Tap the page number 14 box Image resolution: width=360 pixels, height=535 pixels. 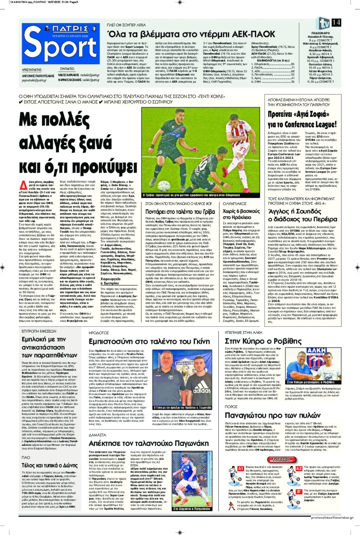tap(336, 23)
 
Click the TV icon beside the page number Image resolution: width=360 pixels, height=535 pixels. tap(323, 23)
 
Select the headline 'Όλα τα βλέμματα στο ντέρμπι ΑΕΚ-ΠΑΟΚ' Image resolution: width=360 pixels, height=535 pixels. tap(191, 34)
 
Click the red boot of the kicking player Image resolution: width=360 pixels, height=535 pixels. tap(230, 170)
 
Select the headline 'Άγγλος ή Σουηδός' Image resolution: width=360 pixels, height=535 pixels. tap(294, 211)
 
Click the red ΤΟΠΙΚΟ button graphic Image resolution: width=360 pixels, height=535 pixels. tap(281, 459)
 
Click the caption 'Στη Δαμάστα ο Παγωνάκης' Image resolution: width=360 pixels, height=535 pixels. tap(192, 509)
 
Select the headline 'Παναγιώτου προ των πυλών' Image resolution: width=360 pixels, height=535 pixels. tap(273, 415)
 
